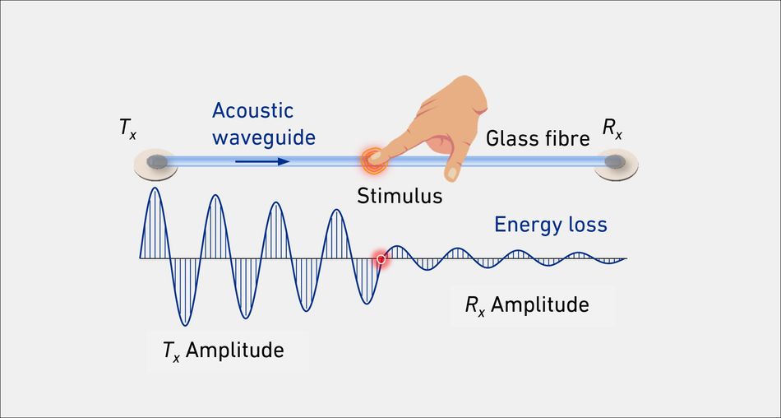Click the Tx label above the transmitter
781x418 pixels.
[127, 129]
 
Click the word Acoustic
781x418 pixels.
[252, 111]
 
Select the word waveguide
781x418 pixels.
[264, 137]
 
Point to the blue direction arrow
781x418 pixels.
[262, 161]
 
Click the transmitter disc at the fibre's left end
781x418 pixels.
[156, 163]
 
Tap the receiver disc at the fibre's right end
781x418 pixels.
[616, 163]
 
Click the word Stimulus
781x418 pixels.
[400, 196]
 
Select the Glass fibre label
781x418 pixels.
[538, 139]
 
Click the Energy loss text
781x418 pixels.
[550, 225]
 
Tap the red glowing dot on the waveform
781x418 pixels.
[381, 259]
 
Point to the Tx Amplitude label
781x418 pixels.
[223, 351]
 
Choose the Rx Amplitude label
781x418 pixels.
[527, 305]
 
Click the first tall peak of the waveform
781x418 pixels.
[156, 188]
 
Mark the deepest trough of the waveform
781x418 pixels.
[185, 325]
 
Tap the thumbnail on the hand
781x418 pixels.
[452, 173]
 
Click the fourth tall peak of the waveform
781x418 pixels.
[337, 210]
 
